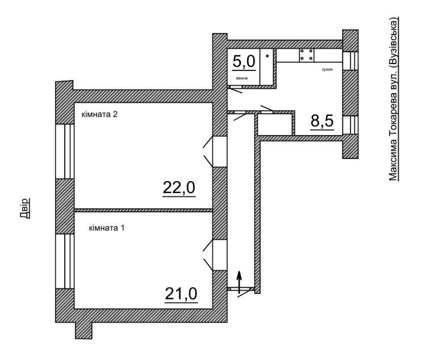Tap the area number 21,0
pyautogui.click(x=181, y=294)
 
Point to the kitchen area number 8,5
pyautogui.click(x=322, y=121)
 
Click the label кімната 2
pyautogui.click(x=99, y=115)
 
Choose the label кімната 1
pyautogui.click(x=107, y=228)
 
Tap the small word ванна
pyautogui.click(x=241, y=78)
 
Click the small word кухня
pyautogui.click(x=327, y=69)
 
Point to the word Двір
pyautogui.click(x=24, y=208)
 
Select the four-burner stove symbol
pyautogui.click(x=307, y=55)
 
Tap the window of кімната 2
pyautogui.click(x=65, y=152)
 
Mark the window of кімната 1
pyautogui.click(x=64, y=261)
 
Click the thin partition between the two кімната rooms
pyautogui.click(x=143, y=211)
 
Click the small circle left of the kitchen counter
pyautogui.click(x=268, y=56)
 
